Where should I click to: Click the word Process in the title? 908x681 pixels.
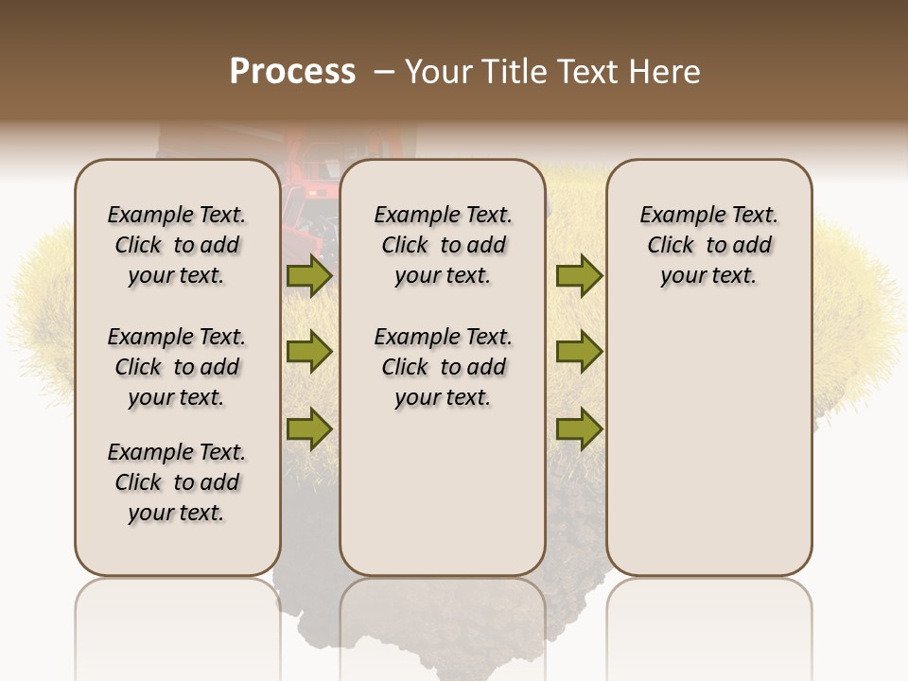pyautogui.click(x=292, y=72)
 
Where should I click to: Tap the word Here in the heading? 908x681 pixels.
pyautogui.click(x=665, y=72)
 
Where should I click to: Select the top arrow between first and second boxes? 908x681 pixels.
pyautogui.click(x=308, y=276)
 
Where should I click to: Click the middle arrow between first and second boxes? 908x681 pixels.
pyautogui.click(x=308, y=352)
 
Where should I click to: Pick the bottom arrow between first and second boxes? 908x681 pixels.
pyautogui.click(x=308, y=429)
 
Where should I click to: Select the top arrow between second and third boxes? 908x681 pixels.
pyautogui.click(x=579, y=276)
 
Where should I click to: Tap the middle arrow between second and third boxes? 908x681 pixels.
pyautogui.click(x=579, y=352)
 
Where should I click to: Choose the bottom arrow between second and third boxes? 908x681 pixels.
pyautogui.click(x=579, y=429)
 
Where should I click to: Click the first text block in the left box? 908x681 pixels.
pyautogui.click(x=177, y=245)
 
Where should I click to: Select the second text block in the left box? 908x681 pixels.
pyautogui.click(x=177, y=367)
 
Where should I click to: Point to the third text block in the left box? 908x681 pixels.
pyautogui.click(x=177, y=482)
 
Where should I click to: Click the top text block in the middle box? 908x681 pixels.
pyautogui.click(x=443, y=245)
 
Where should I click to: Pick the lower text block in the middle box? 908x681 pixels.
pyautogui.click(x=443, y=367)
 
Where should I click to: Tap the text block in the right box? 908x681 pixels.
pyautogui.click(x=708, y=245)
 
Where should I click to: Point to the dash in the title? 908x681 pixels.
pyautogui.click(x=384, y=72)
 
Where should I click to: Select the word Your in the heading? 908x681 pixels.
pyautogui.click(x=439, y=72)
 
